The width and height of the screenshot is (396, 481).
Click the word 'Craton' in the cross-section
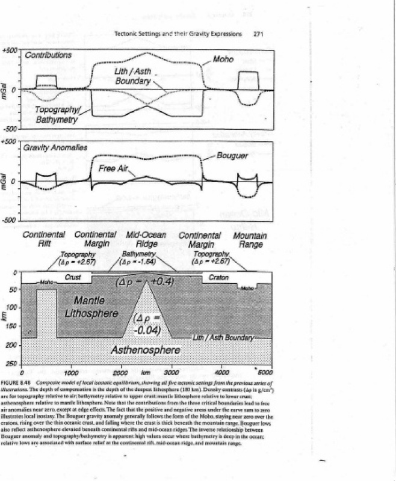[217, 278]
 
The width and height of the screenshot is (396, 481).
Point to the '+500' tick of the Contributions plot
[10, 50]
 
